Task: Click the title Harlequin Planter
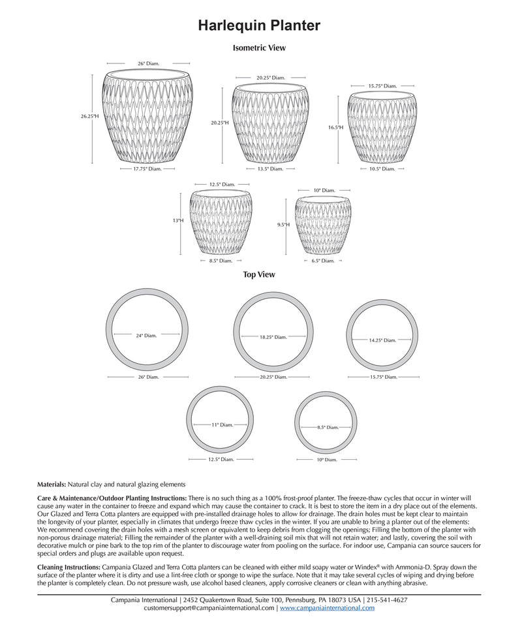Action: point(259,25)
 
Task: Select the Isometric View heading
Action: point(259,48)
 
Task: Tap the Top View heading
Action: point(259,274)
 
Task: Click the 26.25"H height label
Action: point(90,116)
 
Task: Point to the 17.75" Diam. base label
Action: point(147,169)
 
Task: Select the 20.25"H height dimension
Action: point(219,122)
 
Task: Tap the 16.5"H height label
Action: point(335,127)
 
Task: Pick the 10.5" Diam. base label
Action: point(382,169)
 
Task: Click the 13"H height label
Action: point(178,220)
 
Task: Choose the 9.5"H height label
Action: point(283,224)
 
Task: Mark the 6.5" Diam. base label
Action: point(322,261)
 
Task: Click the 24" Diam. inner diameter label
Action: point(146,335)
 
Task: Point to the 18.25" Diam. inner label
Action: point(273,337)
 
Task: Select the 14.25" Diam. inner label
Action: point(382,340)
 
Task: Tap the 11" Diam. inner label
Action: point(222,425)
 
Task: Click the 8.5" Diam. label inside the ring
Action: point(328,427)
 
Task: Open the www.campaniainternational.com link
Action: point(327,607)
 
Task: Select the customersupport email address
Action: point(209,607)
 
